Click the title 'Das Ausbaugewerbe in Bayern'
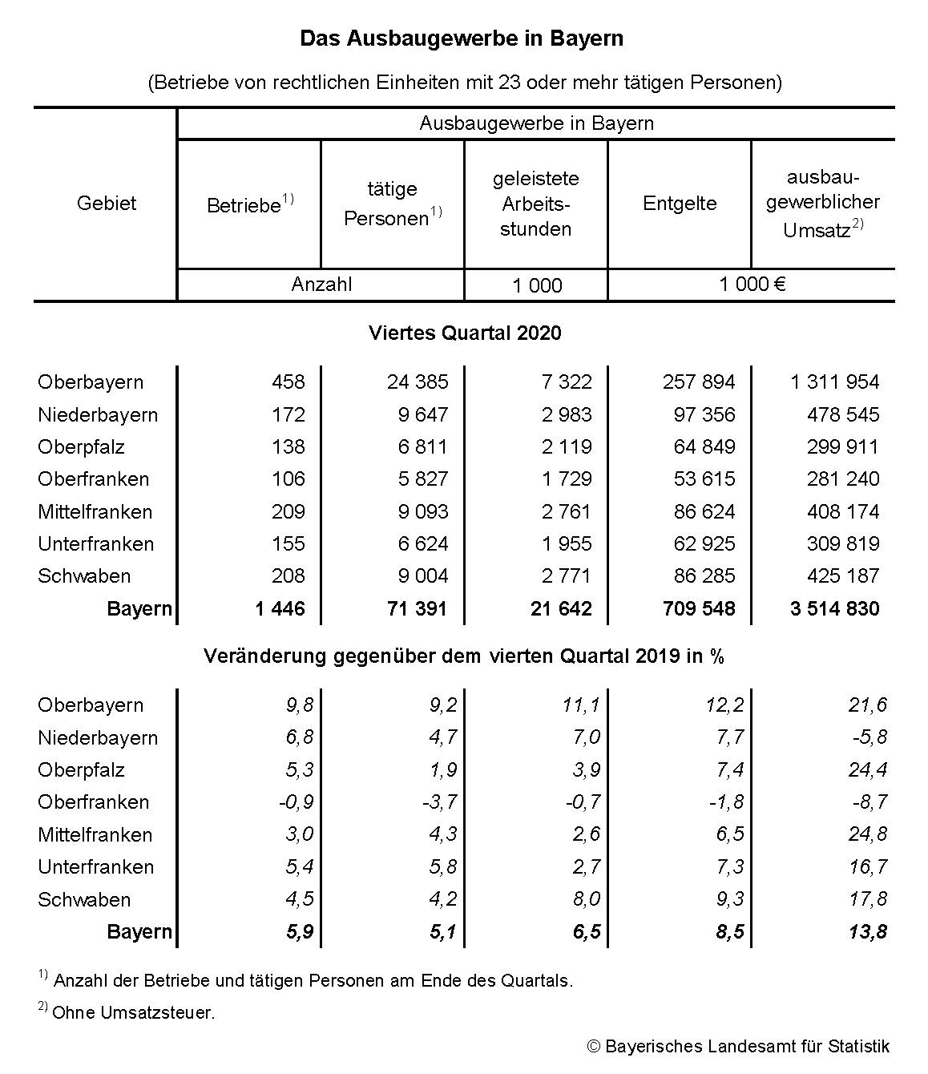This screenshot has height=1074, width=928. [x=462, y=38]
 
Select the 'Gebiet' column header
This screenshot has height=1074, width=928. [x=107, y=204]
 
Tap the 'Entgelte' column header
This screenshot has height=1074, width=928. [x=680, y=204]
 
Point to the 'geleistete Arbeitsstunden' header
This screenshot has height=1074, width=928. [x=535, y=204]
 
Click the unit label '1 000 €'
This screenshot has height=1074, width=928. [x=752, y=285]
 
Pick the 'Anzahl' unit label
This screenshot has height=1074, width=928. [x=321, y=285]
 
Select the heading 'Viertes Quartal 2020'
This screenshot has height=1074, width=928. [x=465, y=333]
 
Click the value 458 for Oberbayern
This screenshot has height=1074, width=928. [x=288, y=382]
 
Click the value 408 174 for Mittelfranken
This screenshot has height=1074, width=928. [x=843, y=511]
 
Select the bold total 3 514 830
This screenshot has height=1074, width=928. [x=834, y=608]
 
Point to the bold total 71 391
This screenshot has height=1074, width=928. [x=417, y=608]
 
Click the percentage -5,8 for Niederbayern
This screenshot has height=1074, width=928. [x=869, y=737]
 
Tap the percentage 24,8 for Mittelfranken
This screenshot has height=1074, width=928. [x=868, y=834]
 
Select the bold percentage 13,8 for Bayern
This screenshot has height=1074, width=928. [x=868, y=931]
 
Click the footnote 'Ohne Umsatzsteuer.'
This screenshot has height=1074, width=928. [x=134, y=1012]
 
